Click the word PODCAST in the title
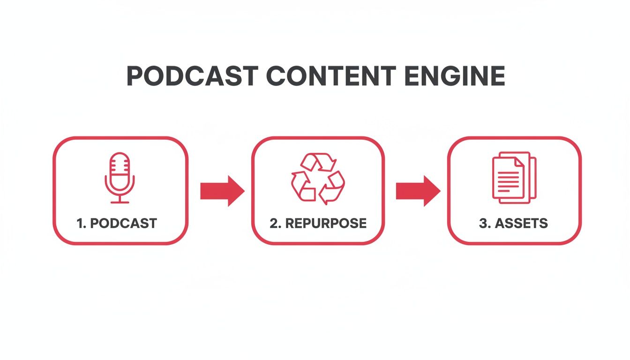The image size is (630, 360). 193,76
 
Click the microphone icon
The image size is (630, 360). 120,178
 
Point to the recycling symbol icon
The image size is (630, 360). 318,178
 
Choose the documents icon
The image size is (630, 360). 513,178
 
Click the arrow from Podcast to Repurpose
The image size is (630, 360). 222,191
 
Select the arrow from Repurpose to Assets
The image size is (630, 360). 418,191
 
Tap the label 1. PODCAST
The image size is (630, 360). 117,223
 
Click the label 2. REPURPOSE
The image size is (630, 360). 318,223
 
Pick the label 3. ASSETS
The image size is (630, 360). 513,223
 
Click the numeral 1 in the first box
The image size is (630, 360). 80,223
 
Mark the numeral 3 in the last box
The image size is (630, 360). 483,223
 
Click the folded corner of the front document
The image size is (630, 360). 519,161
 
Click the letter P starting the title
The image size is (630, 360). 135,76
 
